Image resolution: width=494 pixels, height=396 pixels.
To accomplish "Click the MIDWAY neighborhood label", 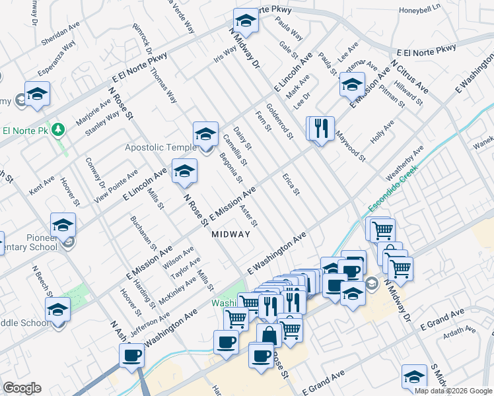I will click(231, 234).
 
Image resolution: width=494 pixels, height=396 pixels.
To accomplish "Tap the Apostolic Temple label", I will click(161, 147).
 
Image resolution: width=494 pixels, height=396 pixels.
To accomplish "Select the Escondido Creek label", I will click(392, 193).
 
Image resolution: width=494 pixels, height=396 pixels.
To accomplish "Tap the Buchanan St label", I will click(144, 232).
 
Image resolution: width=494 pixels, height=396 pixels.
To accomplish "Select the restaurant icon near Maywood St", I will click(321, 128).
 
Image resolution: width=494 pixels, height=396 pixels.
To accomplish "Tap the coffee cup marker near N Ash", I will click(131, 356).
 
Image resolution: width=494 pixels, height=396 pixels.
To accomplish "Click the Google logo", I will click(21, 388).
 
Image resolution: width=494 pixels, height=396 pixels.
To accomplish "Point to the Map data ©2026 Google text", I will click(453, 391).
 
